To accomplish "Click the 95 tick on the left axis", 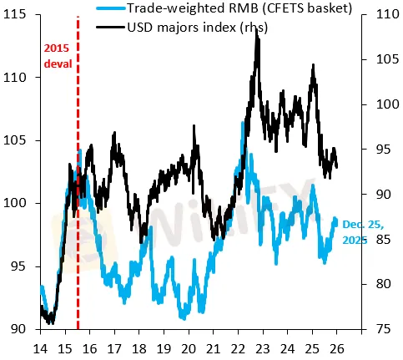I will click(23, 266).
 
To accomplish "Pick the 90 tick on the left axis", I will click(23, 329).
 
